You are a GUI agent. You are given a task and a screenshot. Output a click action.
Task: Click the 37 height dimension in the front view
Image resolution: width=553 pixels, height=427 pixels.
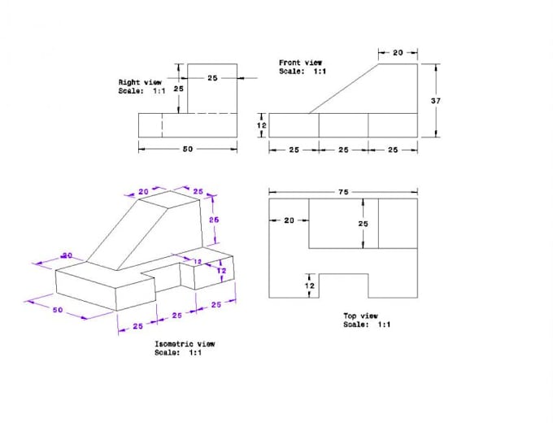(435, 100)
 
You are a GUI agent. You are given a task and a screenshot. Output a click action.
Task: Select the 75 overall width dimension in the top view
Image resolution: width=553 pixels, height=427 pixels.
(343, 193)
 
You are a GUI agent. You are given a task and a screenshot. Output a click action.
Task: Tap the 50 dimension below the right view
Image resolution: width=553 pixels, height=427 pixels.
(188, 150)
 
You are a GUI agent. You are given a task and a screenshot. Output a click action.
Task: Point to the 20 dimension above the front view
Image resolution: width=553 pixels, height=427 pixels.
(398, 53)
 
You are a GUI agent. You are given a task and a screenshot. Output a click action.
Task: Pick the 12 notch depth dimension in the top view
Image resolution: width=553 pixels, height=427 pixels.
(308, 285)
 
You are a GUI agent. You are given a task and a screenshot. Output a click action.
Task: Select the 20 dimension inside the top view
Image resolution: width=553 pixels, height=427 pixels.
(289, 220)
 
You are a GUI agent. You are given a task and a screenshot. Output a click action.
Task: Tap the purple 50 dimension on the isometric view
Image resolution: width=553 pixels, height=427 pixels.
(58, 311)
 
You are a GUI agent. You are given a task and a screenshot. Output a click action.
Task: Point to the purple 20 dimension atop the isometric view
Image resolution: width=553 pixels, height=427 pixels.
(144, 192)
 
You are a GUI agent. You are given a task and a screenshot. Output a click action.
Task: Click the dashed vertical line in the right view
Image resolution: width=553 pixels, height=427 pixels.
(162, 125)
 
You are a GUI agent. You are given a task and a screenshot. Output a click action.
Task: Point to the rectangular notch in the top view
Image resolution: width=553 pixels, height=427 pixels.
(342, 285)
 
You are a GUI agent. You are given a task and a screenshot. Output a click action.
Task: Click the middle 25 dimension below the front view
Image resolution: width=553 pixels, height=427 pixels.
(343, 150)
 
